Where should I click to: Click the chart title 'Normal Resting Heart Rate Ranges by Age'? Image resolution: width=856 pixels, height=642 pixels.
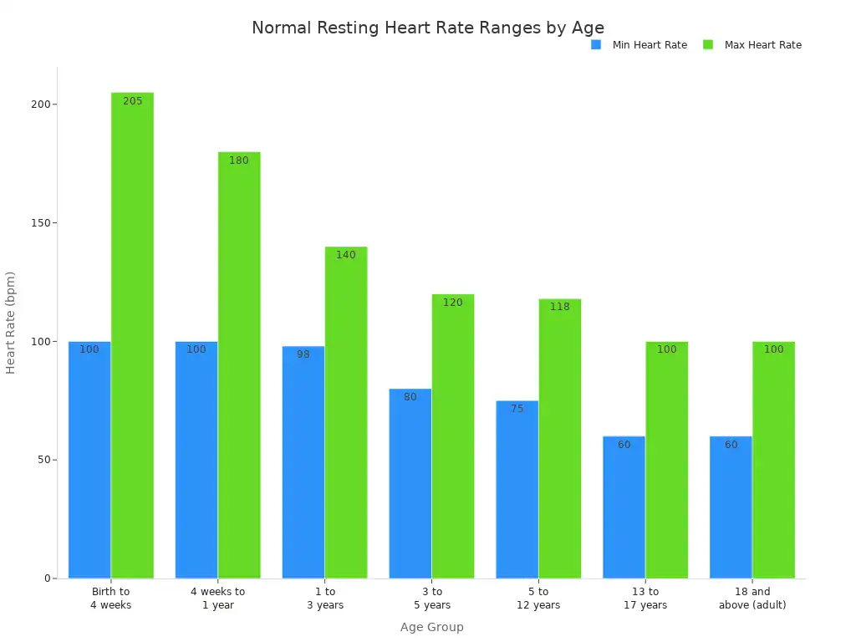427,28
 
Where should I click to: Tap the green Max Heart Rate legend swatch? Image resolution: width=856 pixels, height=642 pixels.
708,44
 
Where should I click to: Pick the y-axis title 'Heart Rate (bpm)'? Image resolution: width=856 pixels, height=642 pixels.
11,323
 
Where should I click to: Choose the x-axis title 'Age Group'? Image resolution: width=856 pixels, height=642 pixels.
431,627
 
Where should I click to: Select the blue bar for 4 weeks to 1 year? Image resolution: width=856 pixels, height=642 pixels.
196,460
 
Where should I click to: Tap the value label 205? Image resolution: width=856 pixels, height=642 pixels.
132,101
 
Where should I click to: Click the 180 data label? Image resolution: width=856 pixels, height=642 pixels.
239,160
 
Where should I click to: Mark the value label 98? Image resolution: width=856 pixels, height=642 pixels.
303,354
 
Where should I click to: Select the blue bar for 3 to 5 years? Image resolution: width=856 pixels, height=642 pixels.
410,485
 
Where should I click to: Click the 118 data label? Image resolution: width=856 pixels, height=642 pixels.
559,307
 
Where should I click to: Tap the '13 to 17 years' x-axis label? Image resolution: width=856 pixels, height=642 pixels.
645,599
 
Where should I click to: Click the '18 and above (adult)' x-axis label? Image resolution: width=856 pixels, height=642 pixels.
752,599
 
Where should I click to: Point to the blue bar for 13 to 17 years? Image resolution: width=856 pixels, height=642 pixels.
624,510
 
